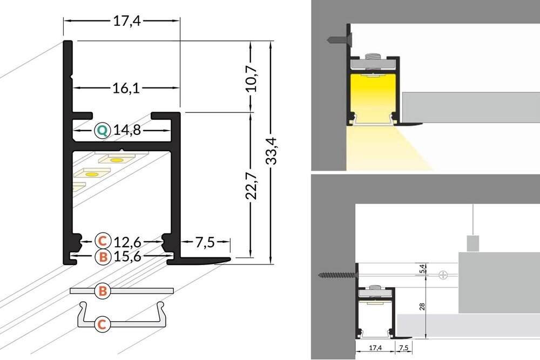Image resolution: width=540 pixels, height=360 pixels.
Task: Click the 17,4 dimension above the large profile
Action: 122,21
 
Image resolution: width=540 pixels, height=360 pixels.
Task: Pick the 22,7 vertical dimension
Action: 251,185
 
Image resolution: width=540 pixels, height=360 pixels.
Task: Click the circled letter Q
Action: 102,130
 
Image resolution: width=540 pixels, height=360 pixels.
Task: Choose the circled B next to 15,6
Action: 103,257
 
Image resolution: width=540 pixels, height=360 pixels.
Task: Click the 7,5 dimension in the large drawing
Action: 205,243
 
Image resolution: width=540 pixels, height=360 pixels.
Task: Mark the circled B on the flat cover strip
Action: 103,291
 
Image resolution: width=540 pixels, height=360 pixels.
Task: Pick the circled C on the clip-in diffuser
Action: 103,324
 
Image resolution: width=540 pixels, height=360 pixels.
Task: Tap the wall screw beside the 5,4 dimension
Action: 335,275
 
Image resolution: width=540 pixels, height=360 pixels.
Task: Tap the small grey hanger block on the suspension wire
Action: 473,243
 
